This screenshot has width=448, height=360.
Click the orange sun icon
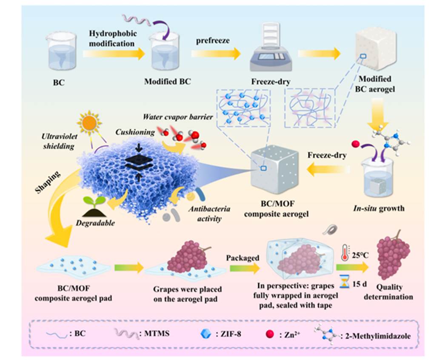[x=91, y=124]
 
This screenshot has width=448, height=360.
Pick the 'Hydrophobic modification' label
[x=112, y=38]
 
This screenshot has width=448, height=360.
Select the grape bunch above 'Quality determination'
[x=394, y=255]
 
